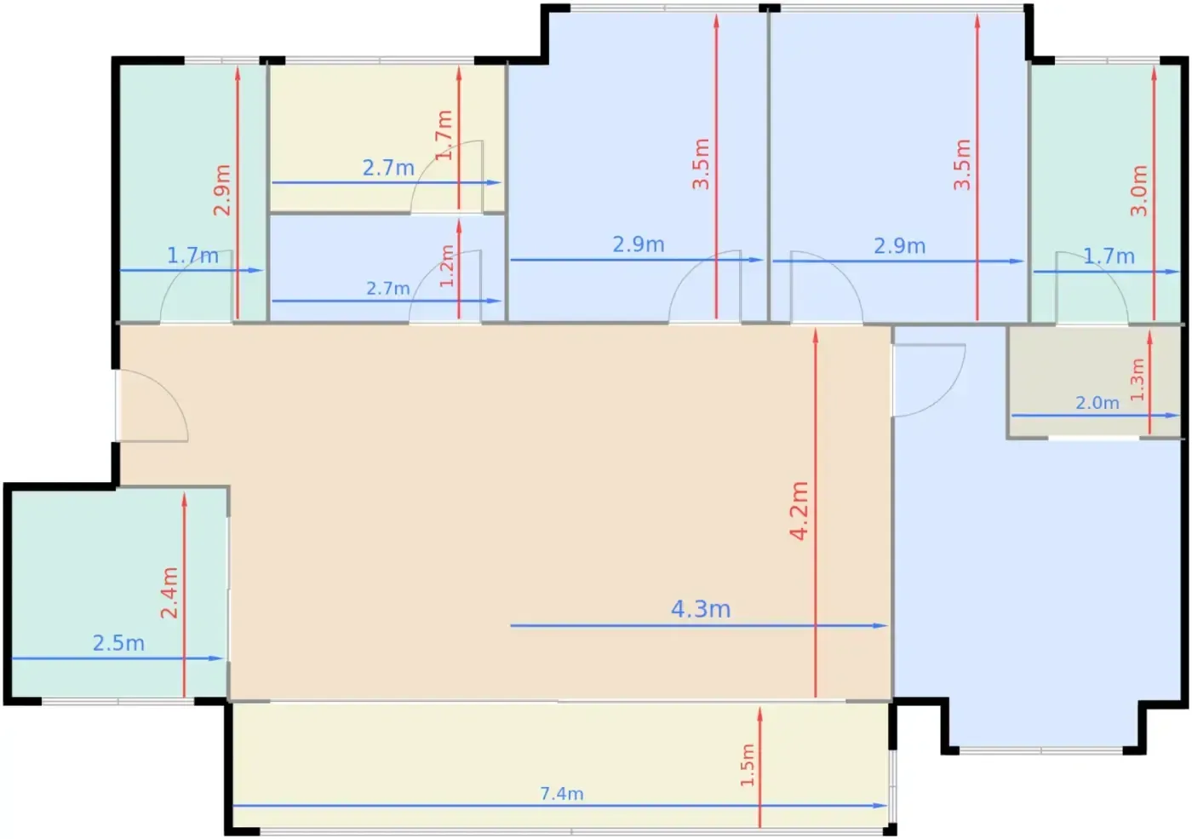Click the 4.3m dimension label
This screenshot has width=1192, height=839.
(700, 609)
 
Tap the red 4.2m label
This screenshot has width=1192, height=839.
(799, 511)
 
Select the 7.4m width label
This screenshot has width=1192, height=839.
(562, 794)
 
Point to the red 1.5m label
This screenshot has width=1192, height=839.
(748, 766)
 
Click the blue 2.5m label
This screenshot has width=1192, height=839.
(118, 643)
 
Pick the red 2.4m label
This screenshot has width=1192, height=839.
(169, 593)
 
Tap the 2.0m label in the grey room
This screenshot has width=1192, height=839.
(1097, 403)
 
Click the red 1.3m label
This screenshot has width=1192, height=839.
(1137, 380)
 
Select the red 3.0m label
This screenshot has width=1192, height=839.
(1139, 191)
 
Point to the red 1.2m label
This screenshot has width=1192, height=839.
(447, 266)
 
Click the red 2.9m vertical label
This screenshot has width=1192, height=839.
(222, 190)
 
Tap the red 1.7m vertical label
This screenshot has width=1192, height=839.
(444, 135)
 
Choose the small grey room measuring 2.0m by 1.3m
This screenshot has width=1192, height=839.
(1094, 382)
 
